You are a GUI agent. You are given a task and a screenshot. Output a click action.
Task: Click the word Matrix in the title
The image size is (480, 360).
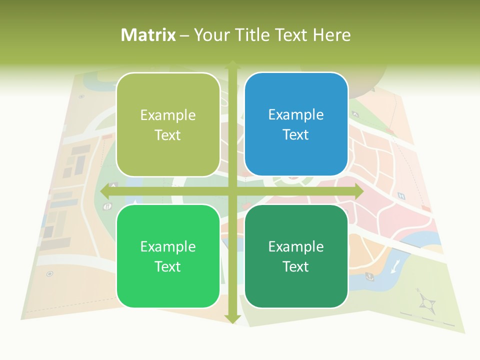coord(148,35)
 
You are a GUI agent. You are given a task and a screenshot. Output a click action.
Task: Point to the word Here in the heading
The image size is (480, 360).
coord(332,35)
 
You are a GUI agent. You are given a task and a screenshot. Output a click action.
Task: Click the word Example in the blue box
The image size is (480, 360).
coord(296,115)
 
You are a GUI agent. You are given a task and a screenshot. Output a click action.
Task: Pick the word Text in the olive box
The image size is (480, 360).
coord(168,135)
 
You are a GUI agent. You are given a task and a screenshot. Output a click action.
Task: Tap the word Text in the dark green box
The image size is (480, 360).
coord(296,267)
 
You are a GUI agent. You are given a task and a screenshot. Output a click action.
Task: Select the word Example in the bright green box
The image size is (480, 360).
coord(168,247)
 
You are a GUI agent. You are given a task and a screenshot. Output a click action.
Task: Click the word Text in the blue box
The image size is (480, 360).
coord(296,135)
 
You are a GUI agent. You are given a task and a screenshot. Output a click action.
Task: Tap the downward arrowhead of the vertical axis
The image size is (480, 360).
coord(232,318)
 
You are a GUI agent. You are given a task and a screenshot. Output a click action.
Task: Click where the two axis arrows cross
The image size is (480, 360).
coord(232,191)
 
